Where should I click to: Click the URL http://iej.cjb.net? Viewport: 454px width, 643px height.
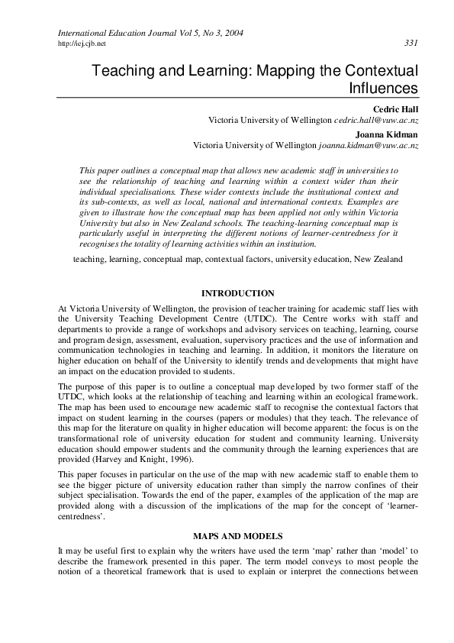(82, 44)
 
